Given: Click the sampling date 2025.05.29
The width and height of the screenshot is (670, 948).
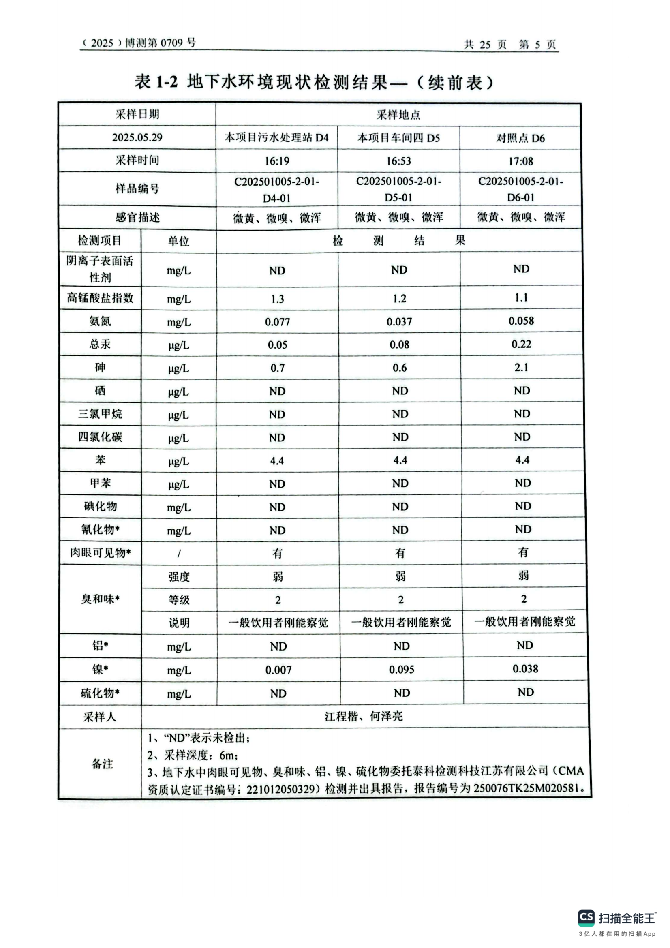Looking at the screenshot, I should tap(137, 137).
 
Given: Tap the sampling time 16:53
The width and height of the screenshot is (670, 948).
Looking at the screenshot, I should tap(398, 161).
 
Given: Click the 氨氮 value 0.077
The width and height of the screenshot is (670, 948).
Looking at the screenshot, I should tap(277, 322).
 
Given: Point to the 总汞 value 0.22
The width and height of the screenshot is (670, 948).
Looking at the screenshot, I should tap(521, 345).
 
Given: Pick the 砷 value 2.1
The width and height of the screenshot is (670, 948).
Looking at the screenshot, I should tap(521, 368).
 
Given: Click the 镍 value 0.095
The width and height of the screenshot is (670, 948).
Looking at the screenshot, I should tap(401, 670).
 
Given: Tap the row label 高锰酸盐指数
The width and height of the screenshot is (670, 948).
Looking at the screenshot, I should tap(100, 298).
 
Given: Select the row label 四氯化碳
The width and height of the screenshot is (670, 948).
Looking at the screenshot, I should tap(100, 437).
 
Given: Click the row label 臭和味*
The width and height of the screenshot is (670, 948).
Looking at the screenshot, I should tap(100, 599).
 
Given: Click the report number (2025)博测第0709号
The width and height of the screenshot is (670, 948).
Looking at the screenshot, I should tap(138, 43).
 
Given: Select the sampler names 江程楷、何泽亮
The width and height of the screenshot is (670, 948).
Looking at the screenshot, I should tap(363, 716).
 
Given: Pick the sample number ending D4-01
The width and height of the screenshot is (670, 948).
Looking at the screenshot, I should tap(276, 190).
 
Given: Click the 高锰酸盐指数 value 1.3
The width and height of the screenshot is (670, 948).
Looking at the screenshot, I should tap(277, 299).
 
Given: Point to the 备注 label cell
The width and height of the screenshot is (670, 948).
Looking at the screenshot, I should tap(102, 764).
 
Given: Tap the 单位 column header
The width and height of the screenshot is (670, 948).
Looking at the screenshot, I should tap(178, 241).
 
